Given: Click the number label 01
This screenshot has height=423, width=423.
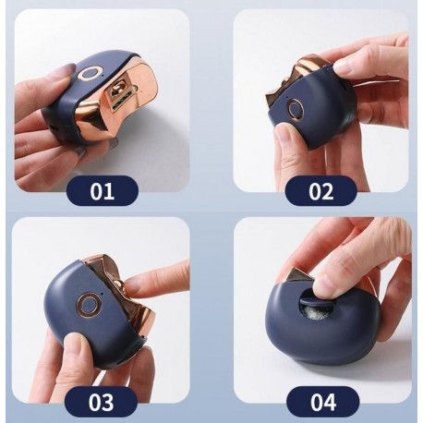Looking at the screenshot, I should click(x=103, y=192).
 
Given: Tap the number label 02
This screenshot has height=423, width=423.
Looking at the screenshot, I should click(x=320, y=192).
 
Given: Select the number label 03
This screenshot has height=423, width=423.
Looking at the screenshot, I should click(x=103, y=402).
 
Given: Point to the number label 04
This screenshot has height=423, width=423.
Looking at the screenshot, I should click(x=320, y=402).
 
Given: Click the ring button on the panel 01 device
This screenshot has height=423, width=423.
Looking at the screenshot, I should click(x=89, y=74).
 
